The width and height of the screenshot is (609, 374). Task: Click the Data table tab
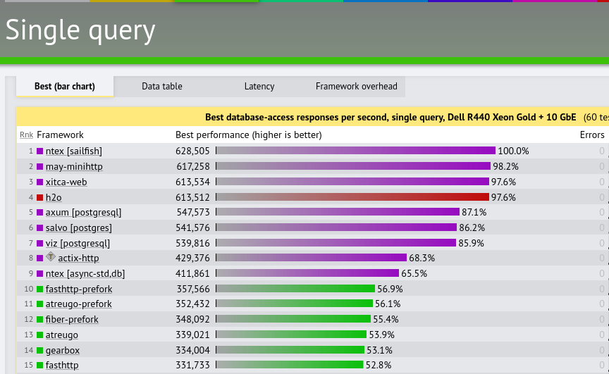[161, 87]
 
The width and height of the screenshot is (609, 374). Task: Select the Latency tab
[259, 87]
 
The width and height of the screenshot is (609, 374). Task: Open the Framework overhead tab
[356, 87]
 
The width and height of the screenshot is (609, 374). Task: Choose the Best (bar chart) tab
[64, 87]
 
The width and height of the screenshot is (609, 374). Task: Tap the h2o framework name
[54, 197]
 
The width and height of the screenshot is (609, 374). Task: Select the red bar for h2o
[352, 197]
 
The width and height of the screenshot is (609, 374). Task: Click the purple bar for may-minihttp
[352, 166]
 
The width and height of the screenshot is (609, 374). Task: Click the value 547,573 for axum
[192, 212]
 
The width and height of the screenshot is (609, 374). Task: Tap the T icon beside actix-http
[51, 257]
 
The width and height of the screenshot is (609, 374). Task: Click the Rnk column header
[26, 135]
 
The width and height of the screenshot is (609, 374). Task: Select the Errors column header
[591, 135]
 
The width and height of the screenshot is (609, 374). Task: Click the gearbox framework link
[63, 350]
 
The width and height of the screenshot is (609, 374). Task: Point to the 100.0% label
[513, 151]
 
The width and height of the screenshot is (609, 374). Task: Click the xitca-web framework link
[66, 182]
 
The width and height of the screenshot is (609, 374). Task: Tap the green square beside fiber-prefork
[40, 320]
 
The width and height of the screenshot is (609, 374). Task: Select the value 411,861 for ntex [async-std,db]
[192, 273]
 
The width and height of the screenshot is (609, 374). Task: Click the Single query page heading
[80, 30]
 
